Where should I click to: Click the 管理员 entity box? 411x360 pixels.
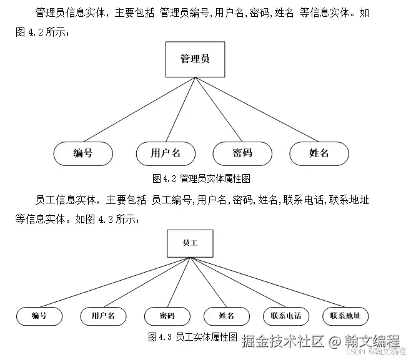click(194, 60)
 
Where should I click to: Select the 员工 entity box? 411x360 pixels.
click(190, 244)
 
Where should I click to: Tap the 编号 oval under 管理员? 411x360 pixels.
click(82, 153)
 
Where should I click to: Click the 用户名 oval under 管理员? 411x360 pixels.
click(166, 153)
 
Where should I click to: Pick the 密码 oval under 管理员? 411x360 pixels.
click(242, 153)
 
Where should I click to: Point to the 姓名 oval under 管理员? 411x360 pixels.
click(319, 153)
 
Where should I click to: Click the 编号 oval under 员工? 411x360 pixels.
click(39, 316)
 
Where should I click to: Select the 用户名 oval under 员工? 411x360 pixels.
click(103, 316)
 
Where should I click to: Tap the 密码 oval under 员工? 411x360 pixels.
click(167, 316)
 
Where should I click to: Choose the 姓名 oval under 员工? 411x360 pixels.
click(227, 316)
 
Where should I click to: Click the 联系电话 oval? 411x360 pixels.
click(286, 316)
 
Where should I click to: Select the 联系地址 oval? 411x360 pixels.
click(345, 316)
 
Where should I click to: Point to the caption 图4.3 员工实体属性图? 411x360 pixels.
click(193, 338)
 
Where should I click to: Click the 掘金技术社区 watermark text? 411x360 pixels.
click(282, 341)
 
